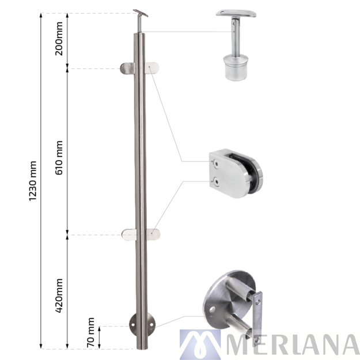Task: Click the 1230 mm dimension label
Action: (x=32, y=180)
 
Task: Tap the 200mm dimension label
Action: (x=59, y=41)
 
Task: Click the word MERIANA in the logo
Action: (x=291, y=344)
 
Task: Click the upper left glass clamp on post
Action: (x=128, y=69)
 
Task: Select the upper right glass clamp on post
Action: (x=153, y=69)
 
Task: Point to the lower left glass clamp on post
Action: (x=129, y=234)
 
